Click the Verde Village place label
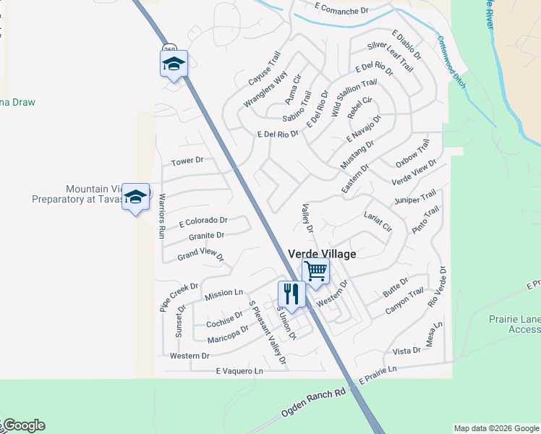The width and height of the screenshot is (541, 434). tap(322, 254)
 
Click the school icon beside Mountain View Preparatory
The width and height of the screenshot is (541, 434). tap(135, 197)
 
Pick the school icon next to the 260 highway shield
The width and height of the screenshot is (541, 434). tap(174, 63)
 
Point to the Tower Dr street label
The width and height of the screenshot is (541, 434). tap(187, 160)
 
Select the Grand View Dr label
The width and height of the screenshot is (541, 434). tap(201, 256)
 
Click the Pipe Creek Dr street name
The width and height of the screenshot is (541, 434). tap(179, 297)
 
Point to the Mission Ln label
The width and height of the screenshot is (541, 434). tap(223, 294)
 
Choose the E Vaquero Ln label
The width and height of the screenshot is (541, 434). tap(239, 371)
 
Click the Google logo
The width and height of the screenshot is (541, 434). tap(23, 425)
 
